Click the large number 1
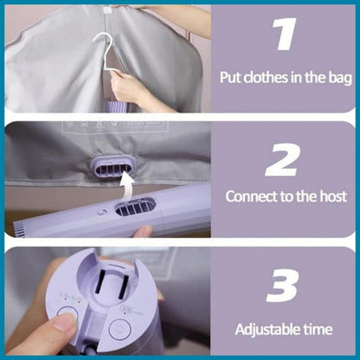(x=285, y=34)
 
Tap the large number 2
(x=281, y=160)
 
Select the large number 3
(x=282, y=286)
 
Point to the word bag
(x=340, y=78)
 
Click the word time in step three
(x=318, y=329)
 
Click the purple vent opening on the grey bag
(x=114, y=166)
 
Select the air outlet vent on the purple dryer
(x=136, y=206)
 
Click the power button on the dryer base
(x=120, y=329)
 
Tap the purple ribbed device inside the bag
(x=116, y=106)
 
